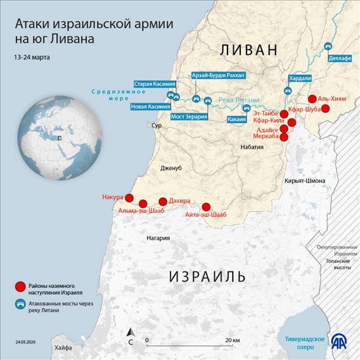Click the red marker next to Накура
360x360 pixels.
tap(129, 198)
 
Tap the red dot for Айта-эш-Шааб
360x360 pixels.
tap(206, 207)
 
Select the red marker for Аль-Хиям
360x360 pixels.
tap(312, 99)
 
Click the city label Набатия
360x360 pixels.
tap(252, 146)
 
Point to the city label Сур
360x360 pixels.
tap(156, 125)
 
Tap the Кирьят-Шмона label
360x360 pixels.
tap(305, 181)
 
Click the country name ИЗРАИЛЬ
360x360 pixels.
tap(207, 276)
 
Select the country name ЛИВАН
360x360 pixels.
tap(248, 50)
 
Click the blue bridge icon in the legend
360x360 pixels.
tap(20, 305)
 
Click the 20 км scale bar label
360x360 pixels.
tap(232, 341)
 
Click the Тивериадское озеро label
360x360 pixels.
tap(305, 343)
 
